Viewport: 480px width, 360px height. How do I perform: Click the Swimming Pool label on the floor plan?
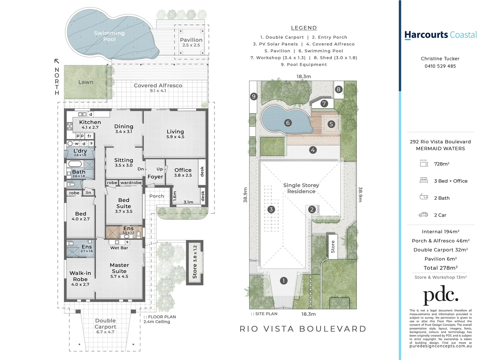coord(109,36)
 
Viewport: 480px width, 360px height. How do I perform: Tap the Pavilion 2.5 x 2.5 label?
coord(191,42)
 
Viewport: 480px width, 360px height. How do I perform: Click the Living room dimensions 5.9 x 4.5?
coord(175,137)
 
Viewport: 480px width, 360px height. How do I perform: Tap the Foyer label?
coord(155,177)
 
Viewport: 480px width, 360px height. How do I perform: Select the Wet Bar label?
coord(119,248)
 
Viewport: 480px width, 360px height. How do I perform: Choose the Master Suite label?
coord(119,268)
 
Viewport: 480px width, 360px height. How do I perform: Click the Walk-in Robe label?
coord(80,276)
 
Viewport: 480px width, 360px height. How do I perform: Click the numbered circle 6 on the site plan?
coord(288,123)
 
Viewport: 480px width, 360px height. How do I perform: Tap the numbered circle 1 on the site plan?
coord(283,281)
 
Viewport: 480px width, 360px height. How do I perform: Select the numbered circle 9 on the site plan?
coord(253,97)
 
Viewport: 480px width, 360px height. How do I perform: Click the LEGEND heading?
coord(304,28)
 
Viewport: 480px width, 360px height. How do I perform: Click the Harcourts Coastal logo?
coord(440,35)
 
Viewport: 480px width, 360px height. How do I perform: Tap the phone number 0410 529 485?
coord(440,66)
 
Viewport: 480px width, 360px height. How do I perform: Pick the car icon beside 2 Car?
coord(423,215)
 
